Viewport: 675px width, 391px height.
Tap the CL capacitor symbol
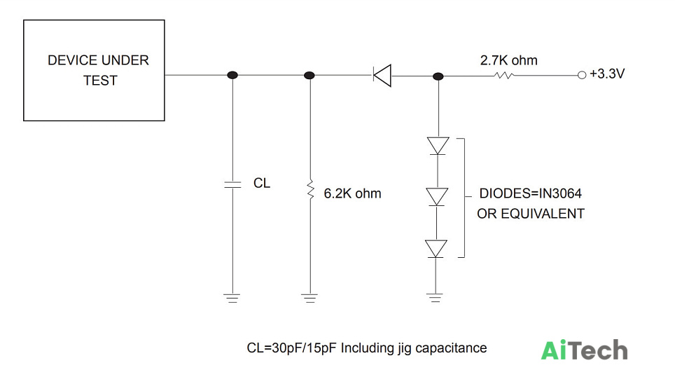232,185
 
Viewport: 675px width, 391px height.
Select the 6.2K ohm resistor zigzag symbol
310,190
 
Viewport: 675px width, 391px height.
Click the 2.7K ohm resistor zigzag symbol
503,76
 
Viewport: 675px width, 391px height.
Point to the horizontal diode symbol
382,76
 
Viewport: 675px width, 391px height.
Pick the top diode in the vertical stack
438,146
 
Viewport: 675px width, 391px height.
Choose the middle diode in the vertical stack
437,197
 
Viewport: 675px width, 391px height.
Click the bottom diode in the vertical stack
436,249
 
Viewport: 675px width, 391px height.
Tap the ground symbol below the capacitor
232,298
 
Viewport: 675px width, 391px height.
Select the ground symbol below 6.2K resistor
309,298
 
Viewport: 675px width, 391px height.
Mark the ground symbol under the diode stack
436,298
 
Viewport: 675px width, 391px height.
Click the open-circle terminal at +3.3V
582,75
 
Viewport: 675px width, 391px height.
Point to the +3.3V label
607,74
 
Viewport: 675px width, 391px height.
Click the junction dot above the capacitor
232,75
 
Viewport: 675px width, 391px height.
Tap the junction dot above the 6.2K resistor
309,76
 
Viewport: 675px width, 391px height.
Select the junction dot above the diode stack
438,76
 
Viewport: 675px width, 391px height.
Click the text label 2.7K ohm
509,60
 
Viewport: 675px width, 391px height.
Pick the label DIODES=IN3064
530,193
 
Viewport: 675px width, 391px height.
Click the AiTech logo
584,350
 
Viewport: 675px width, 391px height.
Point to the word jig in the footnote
404,348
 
